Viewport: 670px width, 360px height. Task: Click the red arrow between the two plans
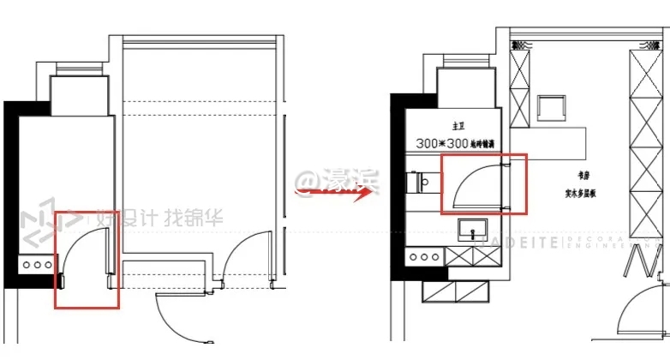[337, 192]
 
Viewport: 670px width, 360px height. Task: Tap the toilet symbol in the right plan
[420, 182]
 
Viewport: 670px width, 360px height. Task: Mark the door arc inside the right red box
[469, 182]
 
